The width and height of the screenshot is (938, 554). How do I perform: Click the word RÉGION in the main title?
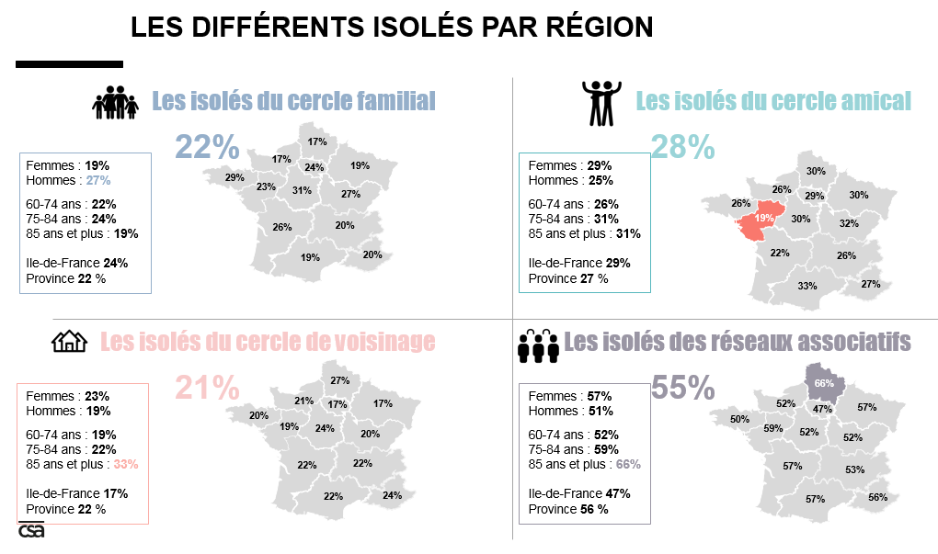(x=593, y=27)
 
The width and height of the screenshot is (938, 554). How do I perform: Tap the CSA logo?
(x=31, y=530)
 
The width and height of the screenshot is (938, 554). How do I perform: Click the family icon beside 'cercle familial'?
(x=115, y=102)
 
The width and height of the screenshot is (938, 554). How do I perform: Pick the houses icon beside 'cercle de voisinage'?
(x=69, y=342)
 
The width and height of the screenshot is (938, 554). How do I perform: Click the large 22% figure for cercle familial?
(x=207, y=146)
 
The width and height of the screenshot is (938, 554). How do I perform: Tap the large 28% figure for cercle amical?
(x=682, y=146)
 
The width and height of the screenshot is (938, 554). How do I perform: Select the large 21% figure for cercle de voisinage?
(x=207, y=388)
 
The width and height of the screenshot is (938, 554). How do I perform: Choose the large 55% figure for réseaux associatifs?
(x=682, y=388)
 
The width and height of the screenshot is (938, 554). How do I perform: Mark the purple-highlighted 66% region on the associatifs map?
(x=823, y=381)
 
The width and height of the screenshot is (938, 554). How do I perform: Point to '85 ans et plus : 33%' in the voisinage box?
(x=82, y=464)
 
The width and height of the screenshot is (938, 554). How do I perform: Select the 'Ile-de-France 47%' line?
(x=578, y=493)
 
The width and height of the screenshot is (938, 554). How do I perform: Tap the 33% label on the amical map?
(x=807, y=286)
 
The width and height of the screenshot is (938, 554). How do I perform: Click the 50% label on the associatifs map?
(x=739, y=419)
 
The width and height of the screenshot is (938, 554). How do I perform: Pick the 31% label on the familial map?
(x=302, y=190)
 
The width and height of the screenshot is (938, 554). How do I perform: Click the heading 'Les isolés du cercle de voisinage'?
(x=267, y=342)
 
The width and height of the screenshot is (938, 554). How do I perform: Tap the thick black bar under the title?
(x=69, y=64)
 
